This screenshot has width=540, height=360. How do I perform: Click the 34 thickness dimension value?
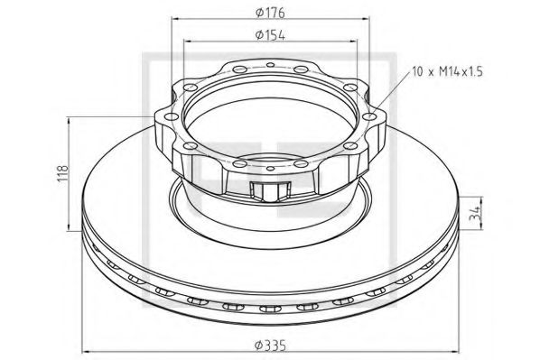476,215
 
